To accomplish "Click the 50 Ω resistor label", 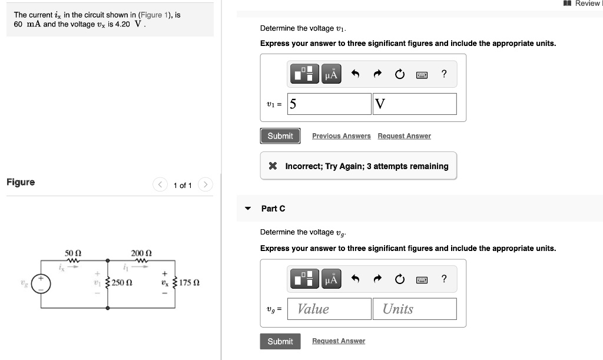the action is (x=73, y=253).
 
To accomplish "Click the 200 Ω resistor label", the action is (x=141, y=253).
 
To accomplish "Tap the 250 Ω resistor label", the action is (x=122, y=283).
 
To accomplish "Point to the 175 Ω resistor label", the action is (x=189, y=283).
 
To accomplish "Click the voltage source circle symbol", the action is (x=41, y=284).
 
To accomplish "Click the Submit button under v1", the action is (x=280, y=136).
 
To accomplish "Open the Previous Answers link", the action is (x=342, y=136).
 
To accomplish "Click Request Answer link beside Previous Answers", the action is (x=404, y=136).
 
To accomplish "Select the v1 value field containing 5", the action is (x=329, y=104).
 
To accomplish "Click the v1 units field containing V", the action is (x=415, y=104).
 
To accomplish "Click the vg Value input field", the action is (x=329, y=309).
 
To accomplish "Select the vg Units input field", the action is (x=415, y=309).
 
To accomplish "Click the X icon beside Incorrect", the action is (x=273, y=166).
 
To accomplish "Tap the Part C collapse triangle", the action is (x=248, y=209).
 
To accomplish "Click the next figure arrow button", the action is (x=206, y=184).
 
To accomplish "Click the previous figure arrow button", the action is (x=160, y=184).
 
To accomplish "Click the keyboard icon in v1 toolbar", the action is (x=422, y=74).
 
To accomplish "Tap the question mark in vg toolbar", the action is (x=444, y=279).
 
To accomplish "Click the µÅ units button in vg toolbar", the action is (x=331, y=279).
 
